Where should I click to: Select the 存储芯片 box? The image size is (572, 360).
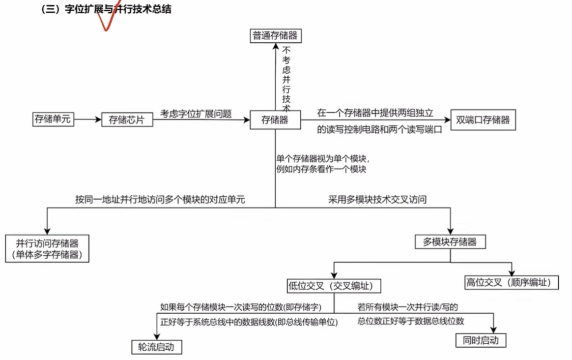coord(127,120)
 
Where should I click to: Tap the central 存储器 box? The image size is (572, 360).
coord(275,120)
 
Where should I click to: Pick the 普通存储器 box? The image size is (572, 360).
coord(275,35)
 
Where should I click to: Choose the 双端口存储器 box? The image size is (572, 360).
coord(483,120)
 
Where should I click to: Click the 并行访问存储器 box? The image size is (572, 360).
coord(47,248)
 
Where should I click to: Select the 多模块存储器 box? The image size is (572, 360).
coord(450,241)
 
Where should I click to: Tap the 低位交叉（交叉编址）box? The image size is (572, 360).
coord(334,286)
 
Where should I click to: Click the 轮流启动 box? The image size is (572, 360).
coord(156,346)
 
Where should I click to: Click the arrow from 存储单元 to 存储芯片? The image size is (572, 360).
coord(88,120)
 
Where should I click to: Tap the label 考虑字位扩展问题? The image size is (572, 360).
coord(196,114)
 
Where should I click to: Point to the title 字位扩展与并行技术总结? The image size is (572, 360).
coord(118,9)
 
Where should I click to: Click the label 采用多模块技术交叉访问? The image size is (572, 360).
coord(377,200)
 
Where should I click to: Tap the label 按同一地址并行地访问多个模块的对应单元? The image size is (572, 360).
coord(160,200)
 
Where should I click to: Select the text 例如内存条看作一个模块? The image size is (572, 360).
coord(321,169)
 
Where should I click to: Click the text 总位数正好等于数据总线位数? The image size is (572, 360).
coord(411,321)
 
